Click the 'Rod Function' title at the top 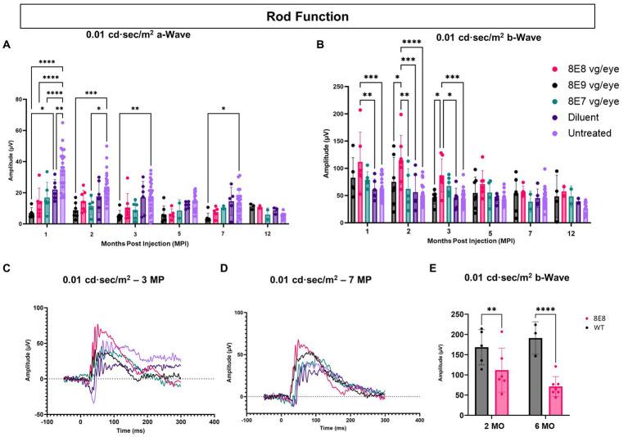click(314, 16)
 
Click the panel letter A click(7, 46)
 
